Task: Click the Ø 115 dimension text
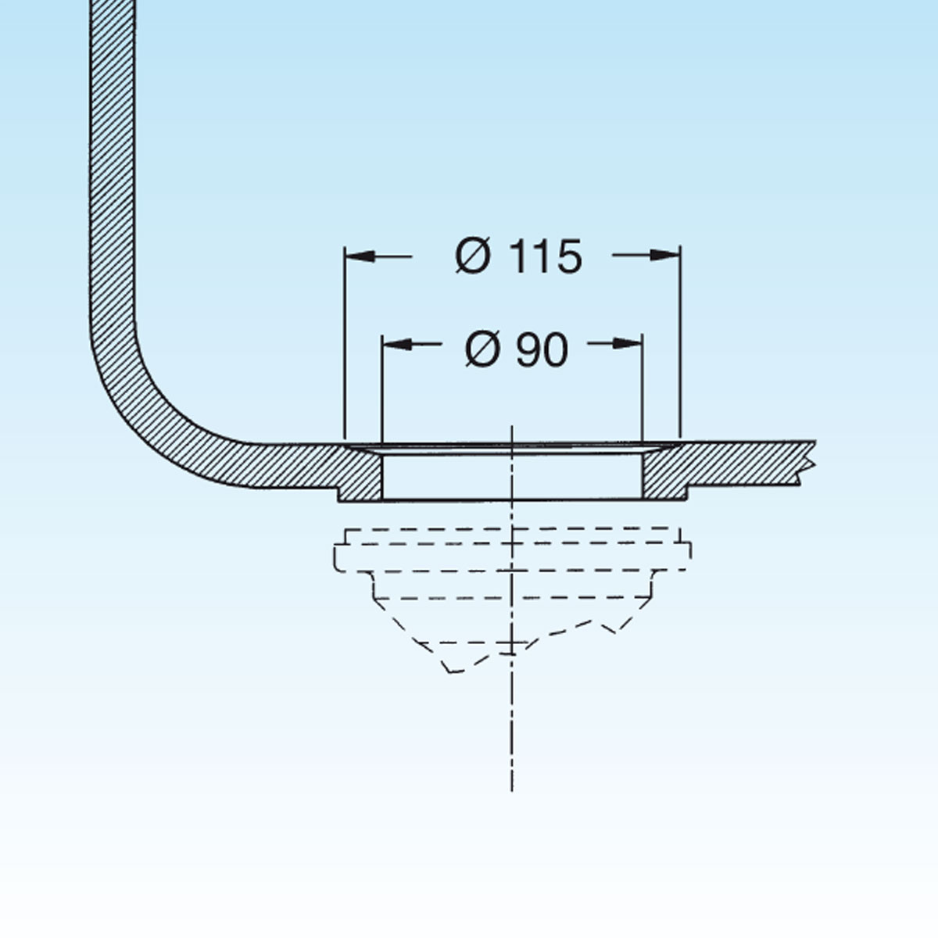coord(519,256)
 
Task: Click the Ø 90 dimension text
coord(517,349)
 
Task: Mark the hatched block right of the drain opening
coord(664,473)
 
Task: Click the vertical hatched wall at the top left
coord(113,156)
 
